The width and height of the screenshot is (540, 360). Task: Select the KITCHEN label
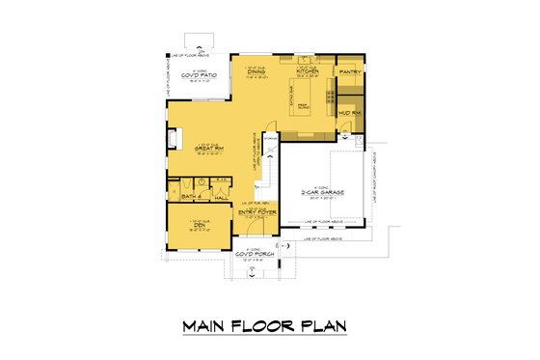[x=308, y=70]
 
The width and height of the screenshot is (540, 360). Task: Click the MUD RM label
[x=348, y=113]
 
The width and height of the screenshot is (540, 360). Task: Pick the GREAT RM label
[x=209, y=149]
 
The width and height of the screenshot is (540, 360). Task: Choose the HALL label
[x=220, y=196]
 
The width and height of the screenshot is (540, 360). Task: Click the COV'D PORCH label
[x=252, y=255]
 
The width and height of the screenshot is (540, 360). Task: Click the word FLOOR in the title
[x=267, y=328]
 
